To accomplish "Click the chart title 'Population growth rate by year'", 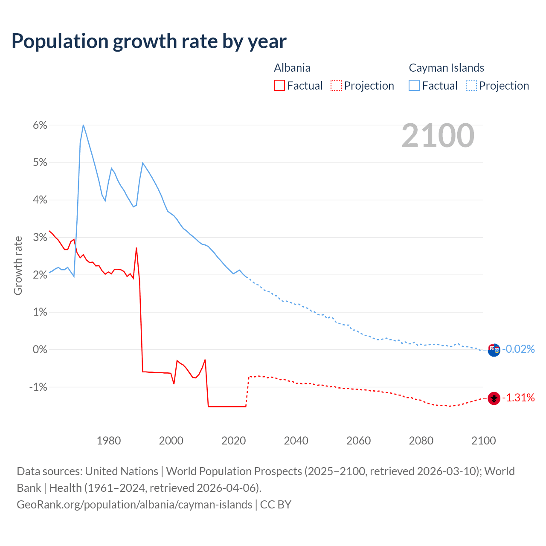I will [149, 41].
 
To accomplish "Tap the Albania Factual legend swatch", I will [279, 86].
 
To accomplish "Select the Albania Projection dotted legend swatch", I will [336, 86].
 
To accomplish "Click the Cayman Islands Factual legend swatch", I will [414, 86].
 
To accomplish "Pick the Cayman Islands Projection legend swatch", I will [471, 86].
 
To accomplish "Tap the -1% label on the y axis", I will [38, 387].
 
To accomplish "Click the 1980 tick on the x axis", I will [109, 441].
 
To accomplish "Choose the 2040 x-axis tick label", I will [296, 441].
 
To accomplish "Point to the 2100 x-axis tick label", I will [483, 441].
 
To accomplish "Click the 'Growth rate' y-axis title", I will [18, 265].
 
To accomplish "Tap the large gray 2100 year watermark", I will [438, 136].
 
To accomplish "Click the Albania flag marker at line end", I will [494, 398].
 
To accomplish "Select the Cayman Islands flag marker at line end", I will [494, 350].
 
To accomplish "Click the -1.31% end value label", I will [518, 398].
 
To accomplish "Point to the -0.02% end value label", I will [518, 349].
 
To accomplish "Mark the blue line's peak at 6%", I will [83, 125].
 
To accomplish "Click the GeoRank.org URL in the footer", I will [134, 505].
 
